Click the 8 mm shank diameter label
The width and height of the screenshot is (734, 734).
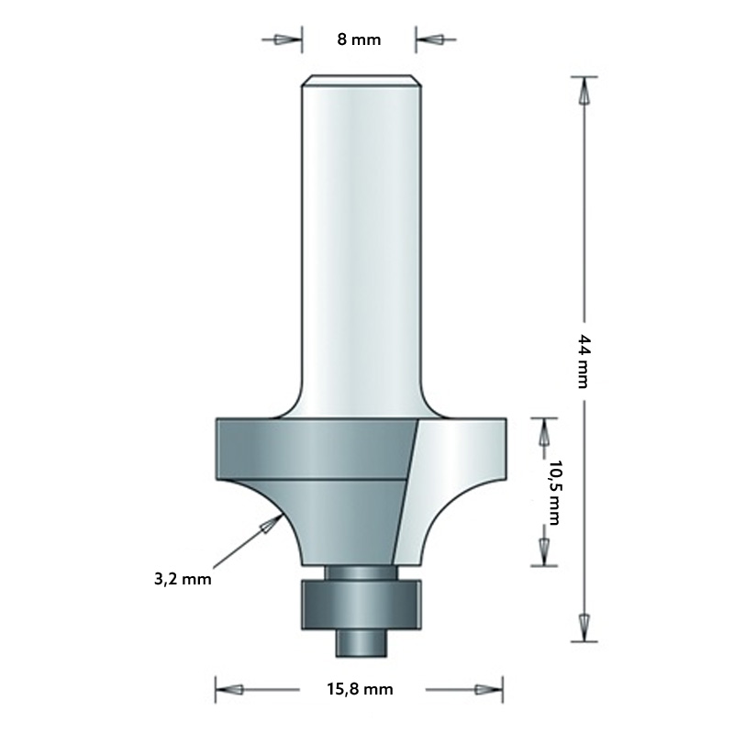pyautogui.click(x=359, y=39)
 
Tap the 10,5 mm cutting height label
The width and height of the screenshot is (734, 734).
pyautogui.click(x=552, y=491)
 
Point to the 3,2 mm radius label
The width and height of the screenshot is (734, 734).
pyautogui.click(x=183, y=579)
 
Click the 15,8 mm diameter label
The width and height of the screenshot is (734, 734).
pyautogui.click(x=360, y=689)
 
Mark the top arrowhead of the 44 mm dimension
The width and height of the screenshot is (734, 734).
pyautogui.click(x=582, y=92)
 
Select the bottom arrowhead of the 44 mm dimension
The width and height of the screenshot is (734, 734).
pyautogui.click(x=582, y=623)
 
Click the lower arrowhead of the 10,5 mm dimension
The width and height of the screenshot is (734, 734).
pyautogui.click(x=543, y=550)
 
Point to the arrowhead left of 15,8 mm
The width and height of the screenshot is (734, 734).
pyautogui.click(x=231, y=689)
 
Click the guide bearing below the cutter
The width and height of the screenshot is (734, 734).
pyautogui.click(x=361, y=604)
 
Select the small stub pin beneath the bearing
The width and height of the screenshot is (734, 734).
pyautogui.click(x=361, y=642)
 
